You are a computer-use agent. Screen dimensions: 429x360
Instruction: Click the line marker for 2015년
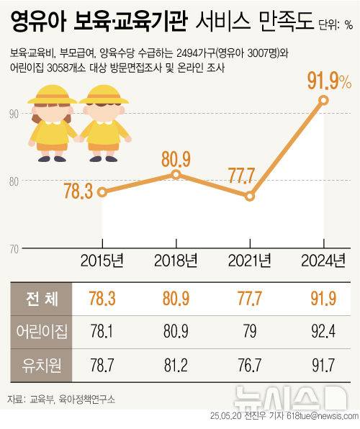(102, 191)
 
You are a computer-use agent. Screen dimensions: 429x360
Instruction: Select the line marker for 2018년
(176, 174)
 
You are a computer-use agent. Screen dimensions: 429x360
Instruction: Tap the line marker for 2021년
(250, 196)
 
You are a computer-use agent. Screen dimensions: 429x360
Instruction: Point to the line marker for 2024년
(324, 100)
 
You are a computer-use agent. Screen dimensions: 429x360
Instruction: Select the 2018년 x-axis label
(176, 259)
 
